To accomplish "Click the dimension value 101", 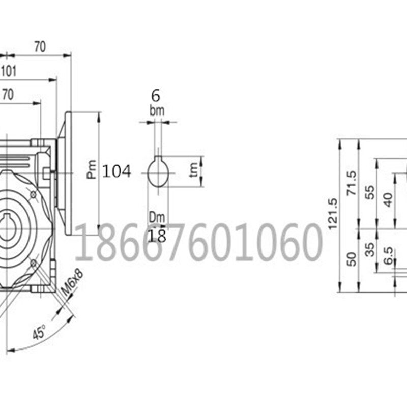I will [9, 71].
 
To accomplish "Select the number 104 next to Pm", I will [117, 171].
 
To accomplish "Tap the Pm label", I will [91, 170].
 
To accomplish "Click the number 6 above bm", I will [156, 95].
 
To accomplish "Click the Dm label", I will [157, 218].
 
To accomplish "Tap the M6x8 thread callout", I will [72, 283].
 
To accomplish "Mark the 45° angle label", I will [39, 334].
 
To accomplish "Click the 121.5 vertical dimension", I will [333, 214].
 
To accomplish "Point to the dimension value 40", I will [388, 199].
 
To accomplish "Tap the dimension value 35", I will [370, 249].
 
